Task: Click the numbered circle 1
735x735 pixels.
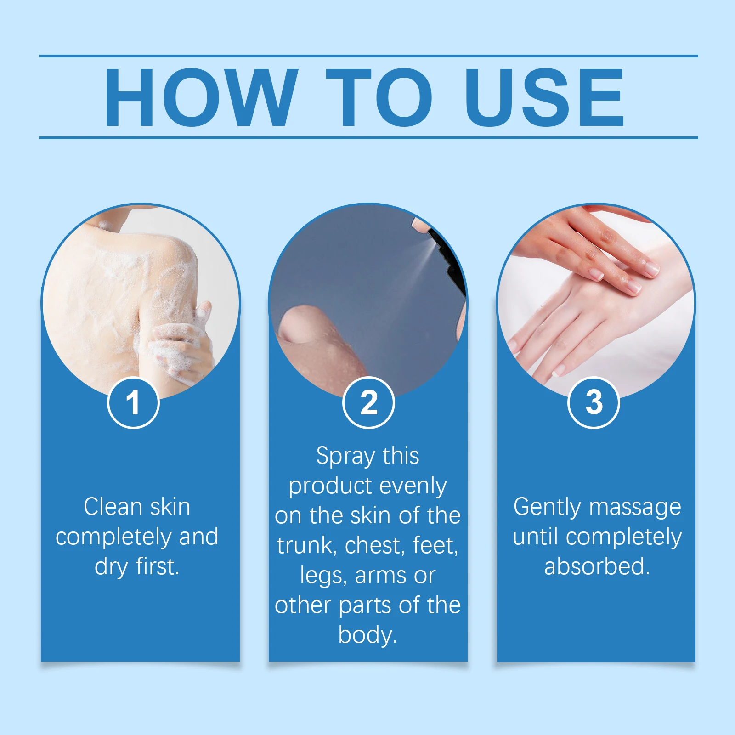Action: coord(133,402)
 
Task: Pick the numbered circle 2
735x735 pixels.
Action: coord(368,402)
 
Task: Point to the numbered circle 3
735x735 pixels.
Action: coord(594,402)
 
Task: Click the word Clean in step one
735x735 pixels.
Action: coord(113,507)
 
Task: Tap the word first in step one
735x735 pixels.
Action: coord(157,566)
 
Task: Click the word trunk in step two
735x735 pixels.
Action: coord(305,546)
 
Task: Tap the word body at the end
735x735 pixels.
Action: coord(367,635)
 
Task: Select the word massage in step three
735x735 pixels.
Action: coord(635,507)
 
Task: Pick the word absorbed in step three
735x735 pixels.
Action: coord(597,566)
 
